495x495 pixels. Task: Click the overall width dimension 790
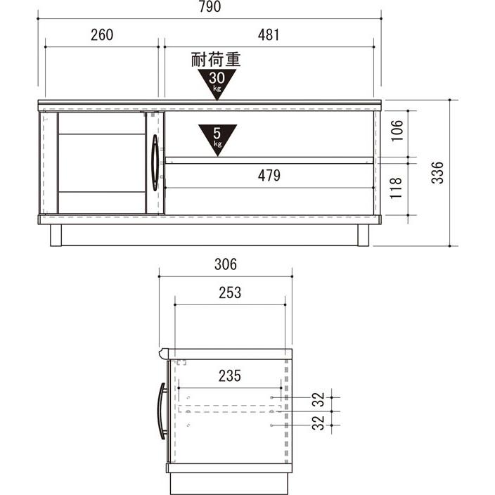tap(210, 6)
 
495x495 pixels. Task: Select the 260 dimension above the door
tap(102, 34)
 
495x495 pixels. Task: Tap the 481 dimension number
tap(269, 34)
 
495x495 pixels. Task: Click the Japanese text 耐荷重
tap(216, 59)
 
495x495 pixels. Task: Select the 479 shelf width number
tap(269, 176)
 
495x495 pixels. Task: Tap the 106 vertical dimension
tap(397, 130)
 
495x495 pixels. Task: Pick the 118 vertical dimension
tap(396, 188)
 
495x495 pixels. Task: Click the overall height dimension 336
tap(437, 172)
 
